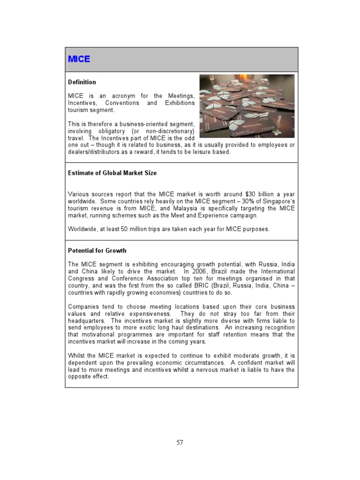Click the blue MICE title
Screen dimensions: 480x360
(79, 60)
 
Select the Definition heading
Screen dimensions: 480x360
(82, 82)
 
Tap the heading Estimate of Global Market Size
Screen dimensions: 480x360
(112, 173)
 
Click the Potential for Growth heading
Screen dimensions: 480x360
(97, 251)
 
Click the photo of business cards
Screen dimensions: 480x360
(247, 106)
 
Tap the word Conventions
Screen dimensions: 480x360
(122, 103)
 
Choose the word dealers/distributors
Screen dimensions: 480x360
(94, 152)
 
